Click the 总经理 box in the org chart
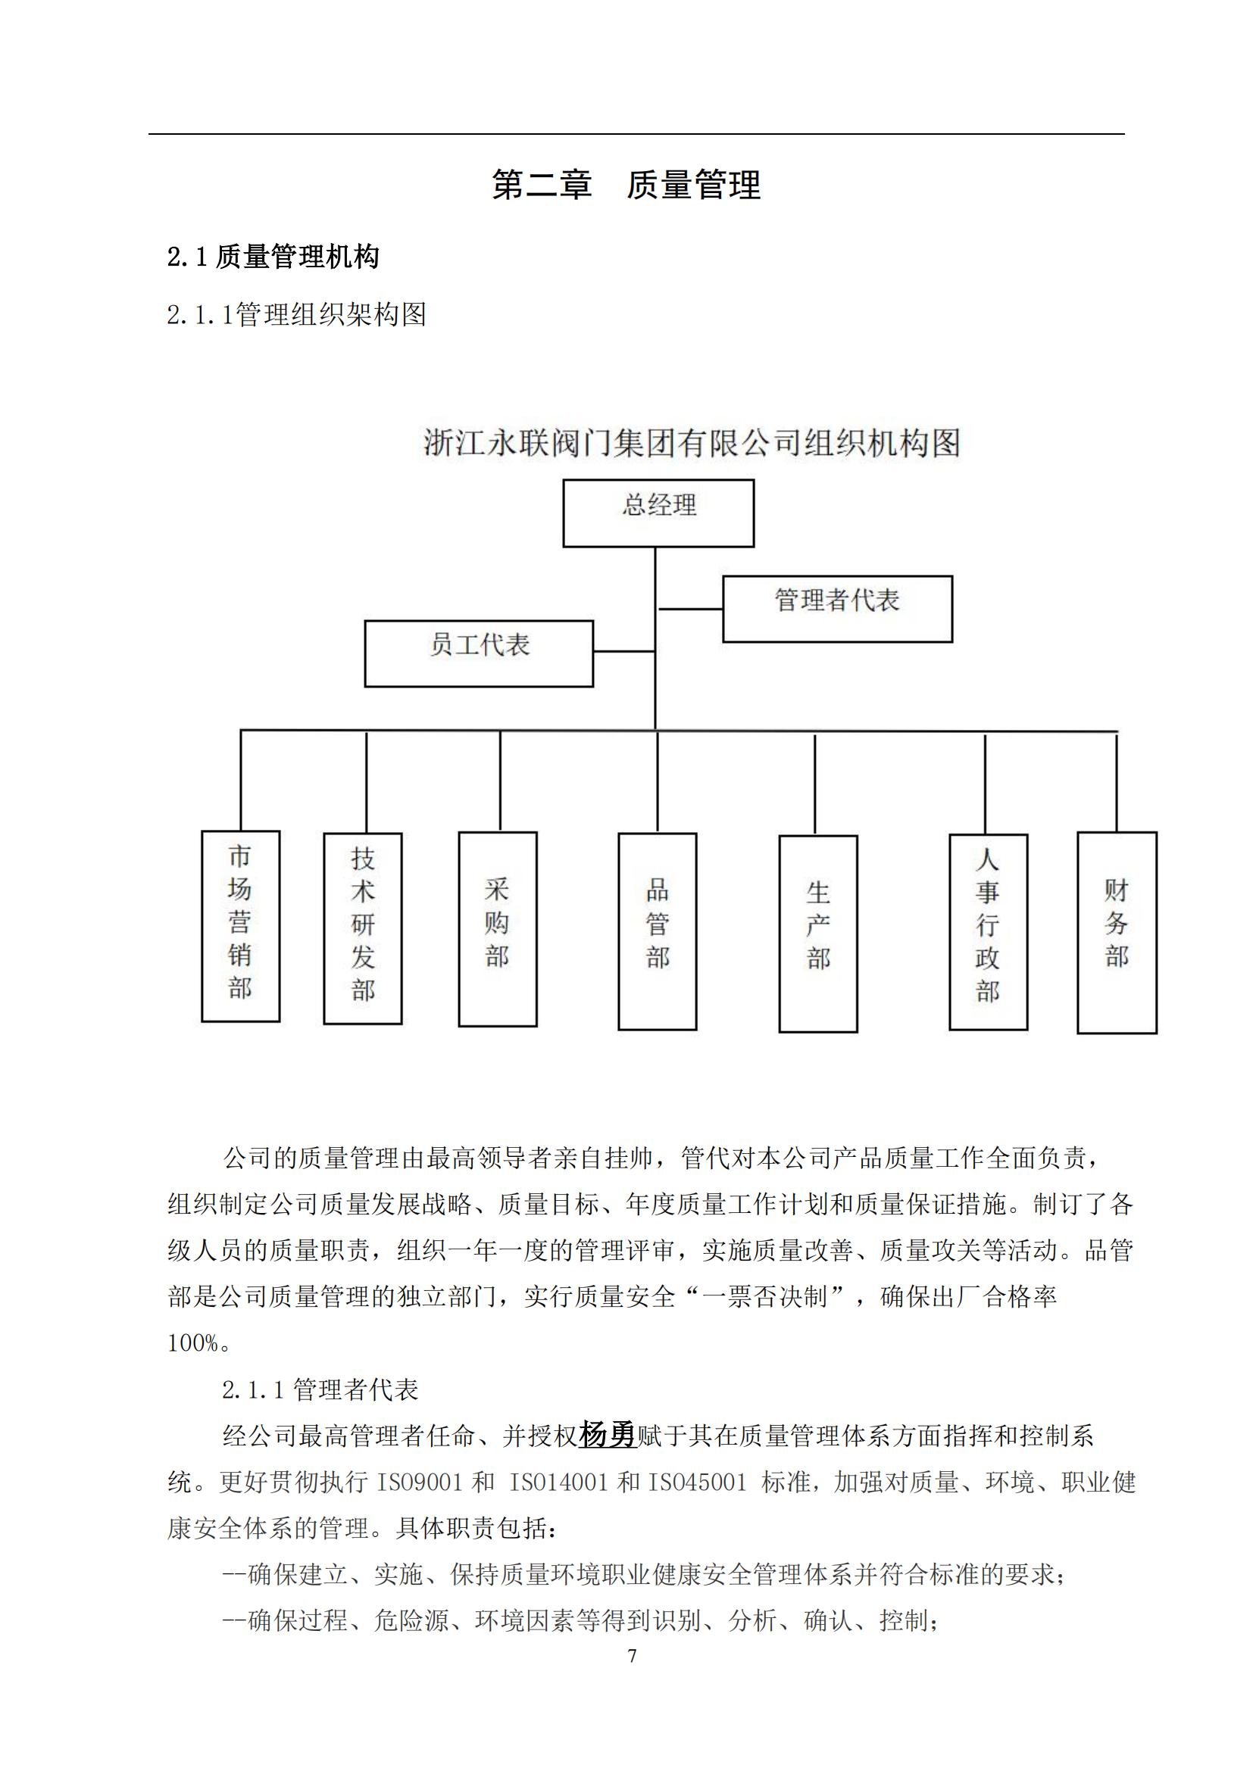tap(658, 513)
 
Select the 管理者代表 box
tap(837, 609)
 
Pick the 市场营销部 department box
tap(241, 925)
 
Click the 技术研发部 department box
tap(363, 928)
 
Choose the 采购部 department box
tap(498, 929)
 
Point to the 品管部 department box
tap(658, 931)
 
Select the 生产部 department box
tap(818, 934)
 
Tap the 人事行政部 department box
tap(988, 932)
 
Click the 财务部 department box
tap(1117, 932)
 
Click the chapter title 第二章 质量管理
tap(626, 185)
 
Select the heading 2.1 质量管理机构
tap(273, 257)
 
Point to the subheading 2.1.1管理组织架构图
tap(296, 315)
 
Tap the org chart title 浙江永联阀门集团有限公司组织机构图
tap(692, 444)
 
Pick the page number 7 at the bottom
tap(633, 1656)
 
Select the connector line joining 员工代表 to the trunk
tap(624, 652)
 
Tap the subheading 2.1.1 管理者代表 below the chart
tap(320, 1389)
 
